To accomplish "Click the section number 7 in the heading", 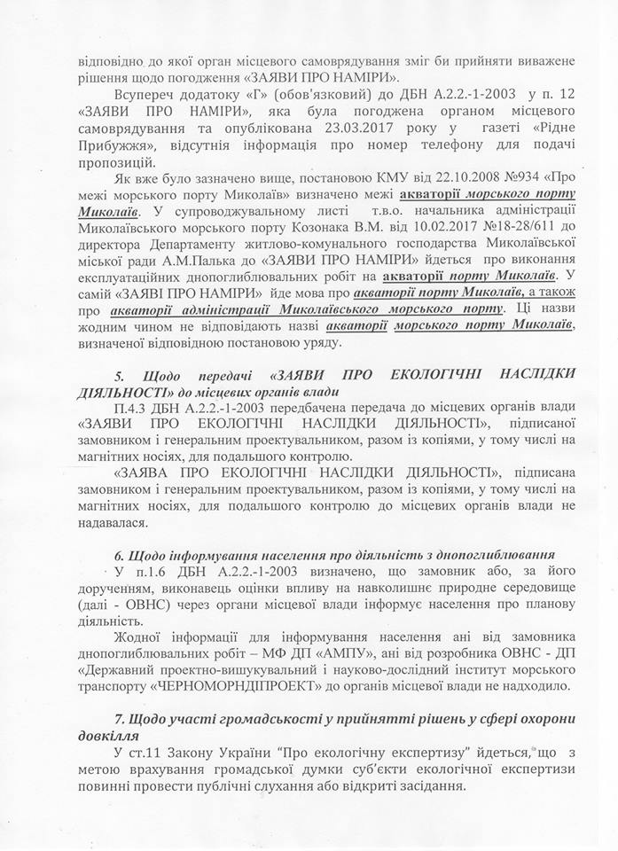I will pos(107,715).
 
